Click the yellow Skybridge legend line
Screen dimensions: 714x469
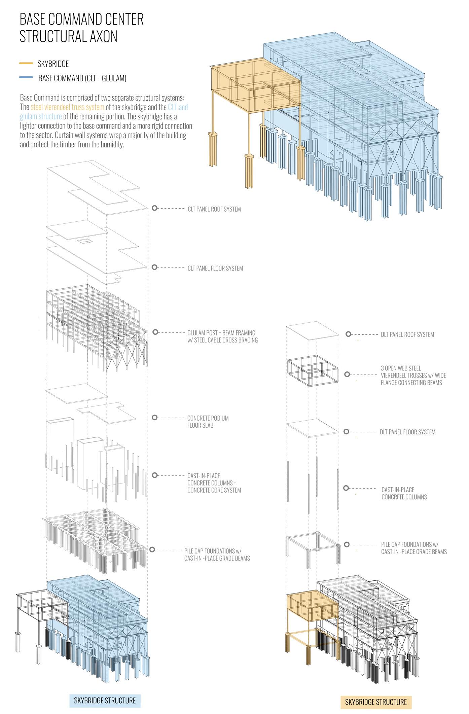tap(26, 63)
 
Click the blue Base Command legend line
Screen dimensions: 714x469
tap(26, 78)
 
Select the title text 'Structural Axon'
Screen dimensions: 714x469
tap(68, 36)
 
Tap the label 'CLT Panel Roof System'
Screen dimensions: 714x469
tap(214, 209)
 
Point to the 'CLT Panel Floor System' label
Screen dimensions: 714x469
tap(215, 268)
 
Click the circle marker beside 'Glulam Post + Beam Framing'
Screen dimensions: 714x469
tap(155, 332)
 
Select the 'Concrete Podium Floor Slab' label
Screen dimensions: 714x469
tap(208, 422)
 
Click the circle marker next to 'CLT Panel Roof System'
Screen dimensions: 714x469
tap(154, 208)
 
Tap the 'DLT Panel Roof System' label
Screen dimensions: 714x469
tap(407, 334)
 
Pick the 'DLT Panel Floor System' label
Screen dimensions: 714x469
tap(407, 432)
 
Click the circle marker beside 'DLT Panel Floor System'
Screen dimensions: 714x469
tap(347, 431)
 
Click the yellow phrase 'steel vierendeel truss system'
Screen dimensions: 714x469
tap(67, 107)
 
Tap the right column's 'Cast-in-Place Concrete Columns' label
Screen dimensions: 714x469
tap(404, 493)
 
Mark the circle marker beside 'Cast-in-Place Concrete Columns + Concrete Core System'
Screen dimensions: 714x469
tap(155, 475)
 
